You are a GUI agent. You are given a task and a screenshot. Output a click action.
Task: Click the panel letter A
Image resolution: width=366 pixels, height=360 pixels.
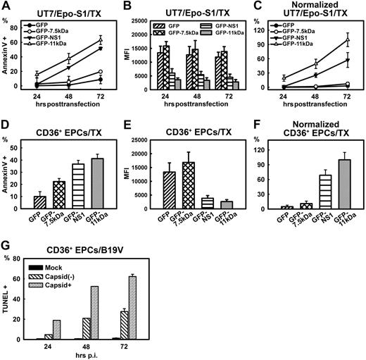click(x=7, y=6)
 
